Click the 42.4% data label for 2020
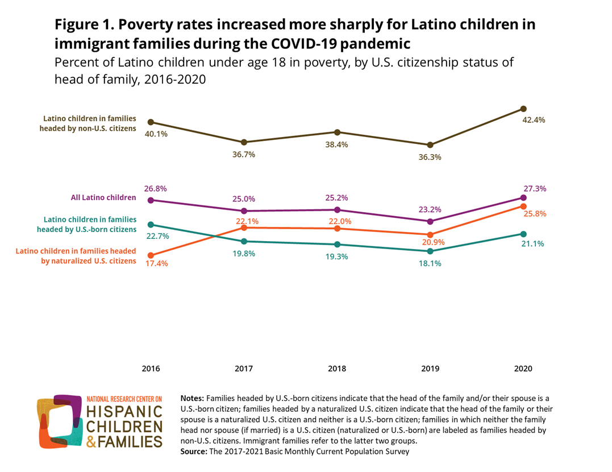click(534, 120)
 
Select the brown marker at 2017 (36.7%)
click(244, 142)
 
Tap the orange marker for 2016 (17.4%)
click(151, 255)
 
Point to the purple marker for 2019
click(430, 221)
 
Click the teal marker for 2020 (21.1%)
click(523, 234)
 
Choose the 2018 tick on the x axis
click(337, 369)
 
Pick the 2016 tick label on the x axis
click(151, 369)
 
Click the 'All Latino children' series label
click(103, 198)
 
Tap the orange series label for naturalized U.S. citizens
click(76, 256)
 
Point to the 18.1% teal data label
click(430, 263)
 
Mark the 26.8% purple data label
click(156, 188)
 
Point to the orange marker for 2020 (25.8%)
click(523, 206)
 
